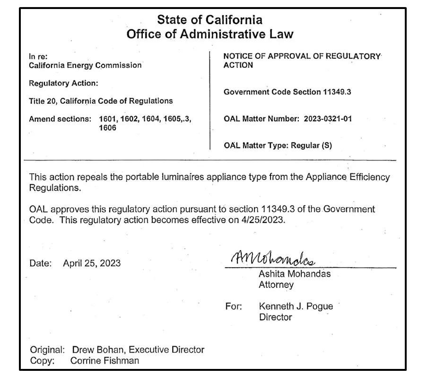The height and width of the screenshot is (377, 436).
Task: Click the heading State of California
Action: tap(209, 20)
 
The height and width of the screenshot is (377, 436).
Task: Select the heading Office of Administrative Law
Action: tap(209, 34)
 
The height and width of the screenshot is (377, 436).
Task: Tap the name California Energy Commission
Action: tap(85, 65)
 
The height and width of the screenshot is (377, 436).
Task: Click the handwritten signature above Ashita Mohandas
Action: tap(273, 258)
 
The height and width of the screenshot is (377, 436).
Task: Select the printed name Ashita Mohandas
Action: tap(294, 274)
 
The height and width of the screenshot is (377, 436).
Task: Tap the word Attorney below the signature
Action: tap(276, 285)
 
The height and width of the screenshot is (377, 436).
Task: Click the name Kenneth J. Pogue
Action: tap(296, 306)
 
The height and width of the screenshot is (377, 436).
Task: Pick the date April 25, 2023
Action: tap(92, 263)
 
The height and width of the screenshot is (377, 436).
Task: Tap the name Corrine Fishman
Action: tap(105, 361)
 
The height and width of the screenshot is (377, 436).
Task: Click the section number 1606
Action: tap(107, 128)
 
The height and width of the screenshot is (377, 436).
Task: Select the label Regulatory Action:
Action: tap(63, 83)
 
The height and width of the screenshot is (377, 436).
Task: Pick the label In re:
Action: tap(38, 56)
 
